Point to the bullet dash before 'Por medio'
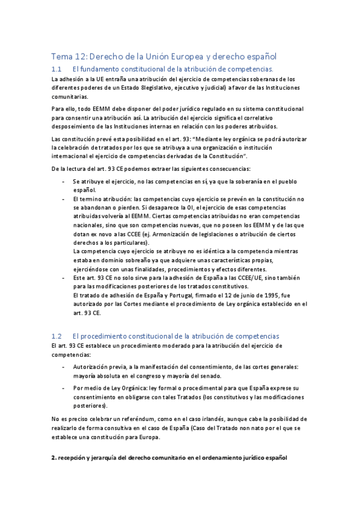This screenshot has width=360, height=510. coord(64,388)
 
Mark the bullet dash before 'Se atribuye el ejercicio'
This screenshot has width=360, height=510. coord(64,181)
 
